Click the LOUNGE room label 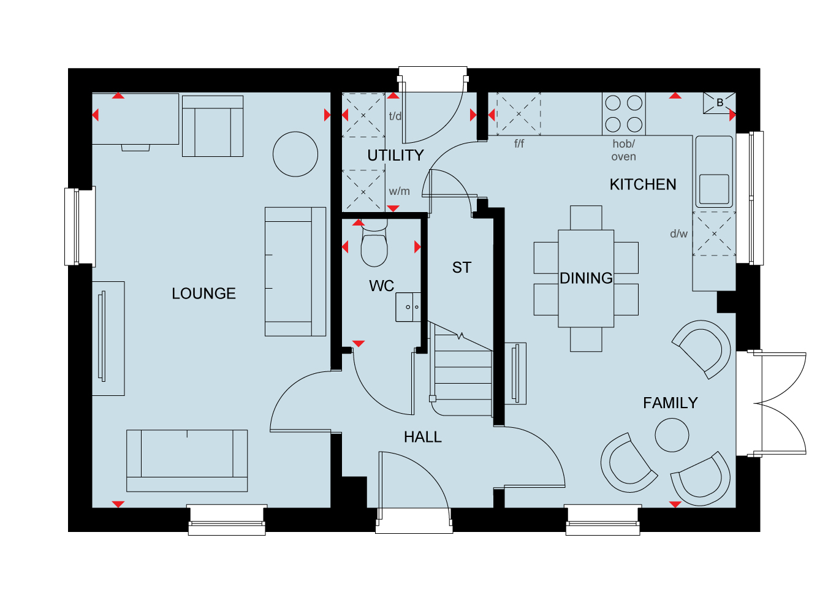pyautogui.click(x=203, y=294)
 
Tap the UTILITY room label pyautogui.click(x=395, y=155)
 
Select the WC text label pyautogui.click(x=381, y=286)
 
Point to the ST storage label pyautogui.click(x=461, y=267)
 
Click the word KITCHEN pyautogui.click(x=643, y=184)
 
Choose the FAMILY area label pyautogui.click(x=670, y=403)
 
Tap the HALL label pyautogui.click(x=423, y=437)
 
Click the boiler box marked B pyautogui.click(x=720, y=103)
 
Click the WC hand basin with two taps pyautogui.click(x=408, y=307)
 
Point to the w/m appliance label pyautogui.click(x=399, y=191)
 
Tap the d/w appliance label pyautogui.click(x=678, y=234)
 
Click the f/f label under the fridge pyautogui.click(x=519, y=143)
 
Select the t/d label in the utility pyautogui.click(x=395, y=116)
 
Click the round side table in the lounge pyautogui.click(x=295, y=154)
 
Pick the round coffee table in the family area pyautogui.click(x=672, y=435)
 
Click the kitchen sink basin pyautogui.click(x=714, y=189)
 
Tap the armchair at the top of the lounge pyautogui.click(x=213, y=126)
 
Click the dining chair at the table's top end pyautogui.click(x=586, y=218)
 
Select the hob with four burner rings pyautogui.click(x=624, y=114)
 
